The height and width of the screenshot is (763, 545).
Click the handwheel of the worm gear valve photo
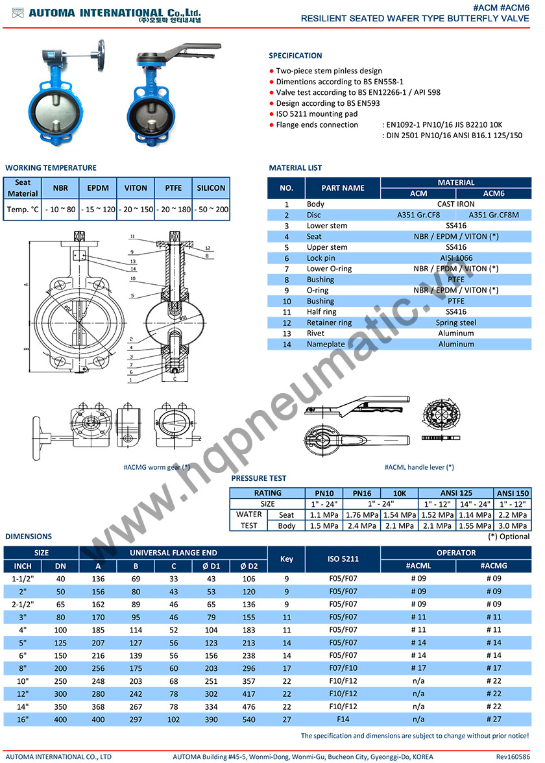tap(101, 50)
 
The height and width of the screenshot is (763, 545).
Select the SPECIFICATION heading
tap(295, 56)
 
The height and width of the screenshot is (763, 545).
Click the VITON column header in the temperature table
tap(136, 188)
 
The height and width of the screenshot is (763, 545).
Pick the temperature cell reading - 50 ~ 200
tap(211, 210)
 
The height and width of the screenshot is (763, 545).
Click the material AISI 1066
tap(455, 258)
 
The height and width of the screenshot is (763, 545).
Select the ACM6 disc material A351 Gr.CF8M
tap(494, 215)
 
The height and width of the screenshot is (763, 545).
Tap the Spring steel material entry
tap(455, 322)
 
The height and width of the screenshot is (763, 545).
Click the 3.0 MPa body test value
tap(512, 526)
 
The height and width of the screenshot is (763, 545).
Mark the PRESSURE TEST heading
tap(258, 479)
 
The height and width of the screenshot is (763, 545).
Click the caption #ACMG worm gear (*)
tap(156, 466)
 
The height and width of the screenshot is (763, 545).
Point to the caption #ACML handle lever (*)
tap(418, 466)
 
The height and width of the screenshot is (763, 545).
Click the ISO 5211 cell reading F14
tap(343, 718)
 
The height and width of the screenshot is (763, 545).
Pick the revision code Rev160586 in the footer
tap(513, 757)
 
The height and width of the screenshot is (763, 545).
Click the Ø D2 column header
tap(249, 566)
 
